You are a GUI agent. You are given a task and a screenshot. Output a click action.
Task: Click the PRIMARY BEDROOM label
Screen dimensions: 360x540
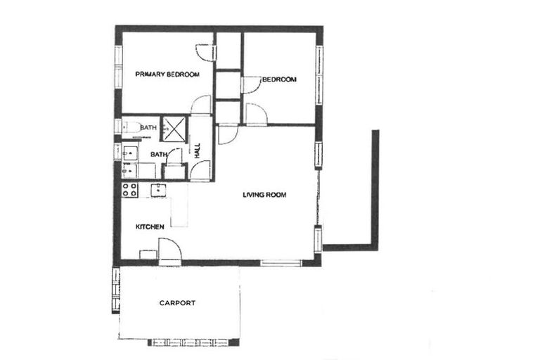167,74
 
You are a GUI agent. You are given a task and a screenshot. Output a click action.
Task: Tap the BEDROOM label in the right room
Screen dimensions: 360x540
279,79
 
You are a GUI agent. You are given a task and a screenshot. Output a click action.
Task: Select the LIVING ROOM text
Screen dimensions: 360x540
264,195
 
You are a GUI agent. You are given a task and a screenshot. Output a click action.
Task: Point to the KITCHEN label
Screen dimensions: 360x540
150,226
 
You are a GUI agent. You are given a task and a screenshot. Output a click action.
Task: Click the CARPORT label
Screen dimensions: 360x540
177,303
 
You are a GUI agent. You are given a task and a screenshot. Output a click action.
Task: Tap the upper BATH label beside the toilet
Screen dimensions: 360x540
148,127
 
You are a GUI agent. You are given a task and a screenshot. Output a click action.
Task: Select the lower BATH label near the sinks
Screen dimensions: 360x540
158,154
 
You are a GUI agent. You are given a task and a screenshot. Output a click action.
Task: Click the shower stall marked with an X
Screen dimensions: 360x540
174,129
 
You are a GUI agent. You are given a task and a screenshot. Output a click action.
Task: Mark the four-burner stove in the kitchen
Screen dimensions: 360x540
130,189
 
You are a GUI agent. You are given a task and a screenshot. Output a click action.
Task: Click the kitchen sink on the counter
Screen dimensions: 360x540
158,188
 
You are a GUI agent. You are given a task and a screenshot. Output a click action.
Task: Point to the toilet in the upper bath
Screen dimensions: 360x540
129,127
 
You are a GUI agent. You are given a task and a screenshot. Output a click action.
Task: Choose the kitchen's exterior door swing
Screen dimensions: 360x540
169,250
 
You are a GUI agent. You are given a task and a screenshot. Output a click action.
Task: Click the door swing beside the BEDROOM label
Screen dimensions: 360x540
250,85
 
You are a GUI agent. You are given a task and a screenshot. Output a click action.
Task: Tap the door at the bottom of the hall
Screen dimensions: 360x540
200,170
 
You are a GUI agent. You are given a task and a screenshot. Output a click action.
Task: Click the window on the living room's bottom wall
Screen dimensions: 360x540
281,262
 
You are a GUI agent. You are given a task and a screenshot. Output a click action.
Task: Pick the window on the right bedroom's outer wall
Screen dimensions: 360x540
319,70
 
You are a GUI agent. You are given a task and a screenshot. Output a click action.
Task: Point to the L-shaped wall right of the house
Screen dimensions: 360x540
374,211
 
